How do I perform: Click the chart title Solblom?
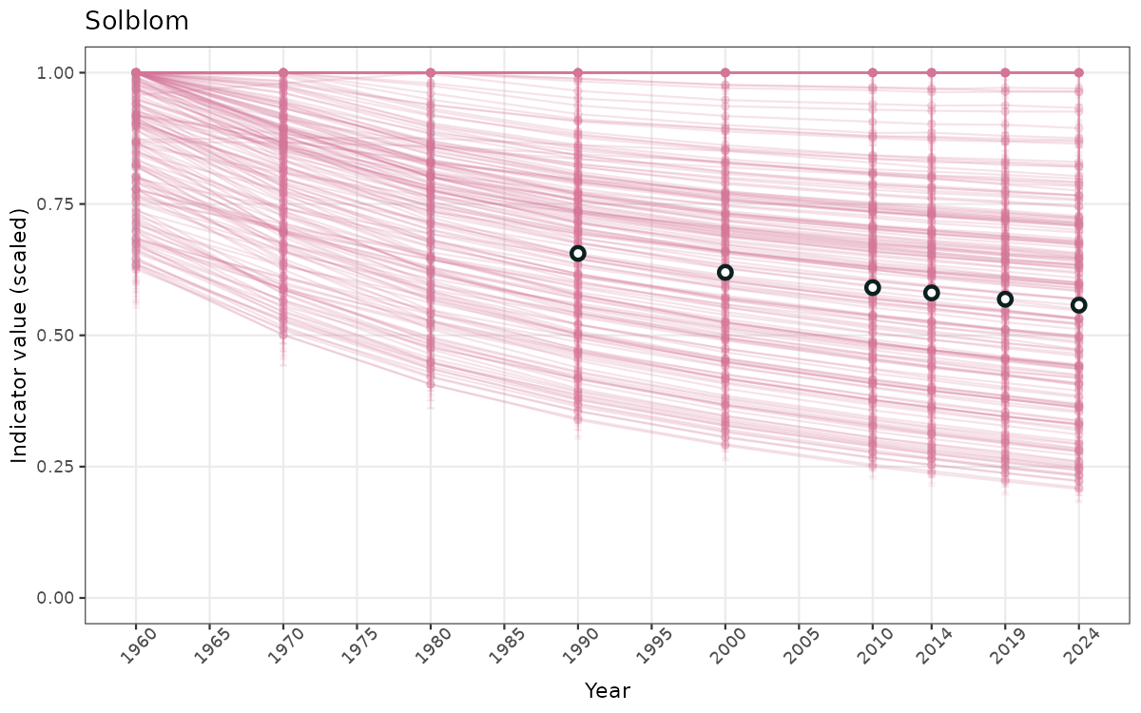pos(137,21)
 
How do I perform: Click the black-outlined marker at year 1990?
pos(578,253)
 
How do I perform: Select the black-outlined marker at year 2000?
pos(725,272)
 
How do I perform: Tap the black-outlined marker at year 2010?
pos(873,287)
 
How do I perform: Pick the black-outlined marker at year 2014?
pos(932,293)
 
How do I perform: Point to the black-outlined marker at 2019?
pos(1005,299)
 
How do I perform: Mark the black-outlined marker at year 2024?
pos(1078,305)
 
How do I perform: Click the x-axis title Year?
pos(607,690)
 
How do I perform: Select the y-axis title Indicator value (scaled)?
pos(20,336)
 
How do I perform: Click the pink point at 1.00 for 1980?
pos(431,73)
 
